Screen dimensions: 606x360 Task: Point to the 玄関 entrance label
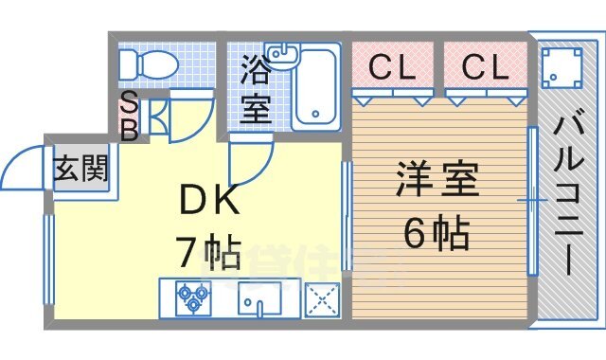(x=80, y=171)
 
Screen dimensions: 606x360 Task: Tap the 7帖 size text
(x=208, y=252)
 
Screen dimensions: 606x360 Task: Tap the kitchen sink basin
(x=258, y=300)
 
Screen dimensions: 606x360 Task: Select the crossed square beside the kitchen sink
(x=322, y=300)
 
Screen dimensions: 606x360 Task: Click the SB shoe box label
(x=128, y=116)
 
